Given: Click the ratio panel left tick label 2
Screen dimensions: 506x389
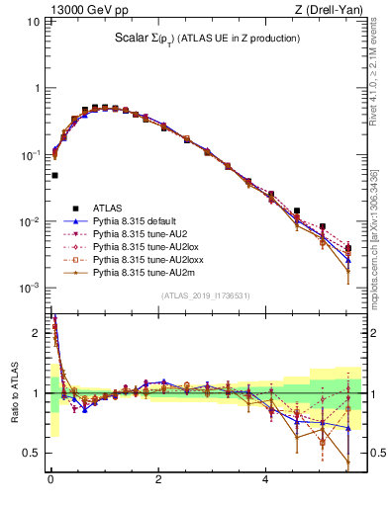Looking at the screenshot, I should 38,333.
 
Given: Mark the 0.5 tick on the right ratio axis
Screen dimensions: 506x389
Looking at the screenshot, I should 372,453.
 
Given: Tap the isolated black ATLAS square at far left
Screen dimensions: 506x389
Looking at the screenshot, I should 54,175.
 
